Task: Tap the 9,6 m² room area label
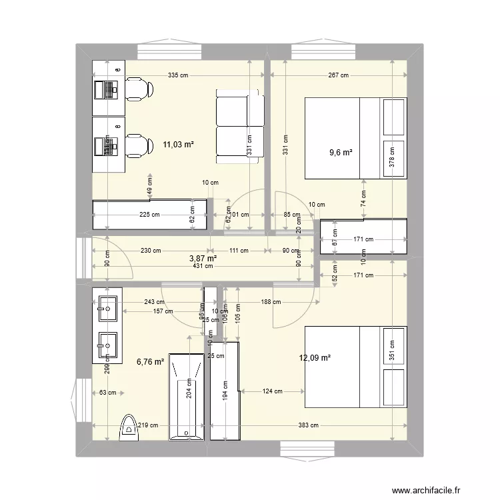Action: tap(340, 152)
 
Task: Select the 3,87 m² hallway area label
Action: tap(203, 258)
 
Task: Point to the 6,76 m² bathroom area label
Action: tap(150, 362)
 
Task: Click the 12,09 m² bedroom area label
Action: tap(315, 358)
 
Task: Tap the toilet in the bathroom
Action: tap(127, 428)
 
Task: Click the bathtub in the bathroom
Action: tap(186, 397)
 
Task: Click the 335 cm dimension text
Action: tap(178, 75)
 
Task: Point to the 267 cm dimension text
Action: tap(339, 75)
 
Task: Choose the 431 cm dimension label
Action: tap(203, 266)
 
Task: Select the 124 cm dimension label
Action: tap(272, 391)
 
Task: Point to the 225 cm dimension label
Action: tap(149, 215)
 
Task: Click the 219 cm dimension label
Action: tap(149, 425)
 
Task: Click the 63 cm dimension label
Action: tap(107, 393)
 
